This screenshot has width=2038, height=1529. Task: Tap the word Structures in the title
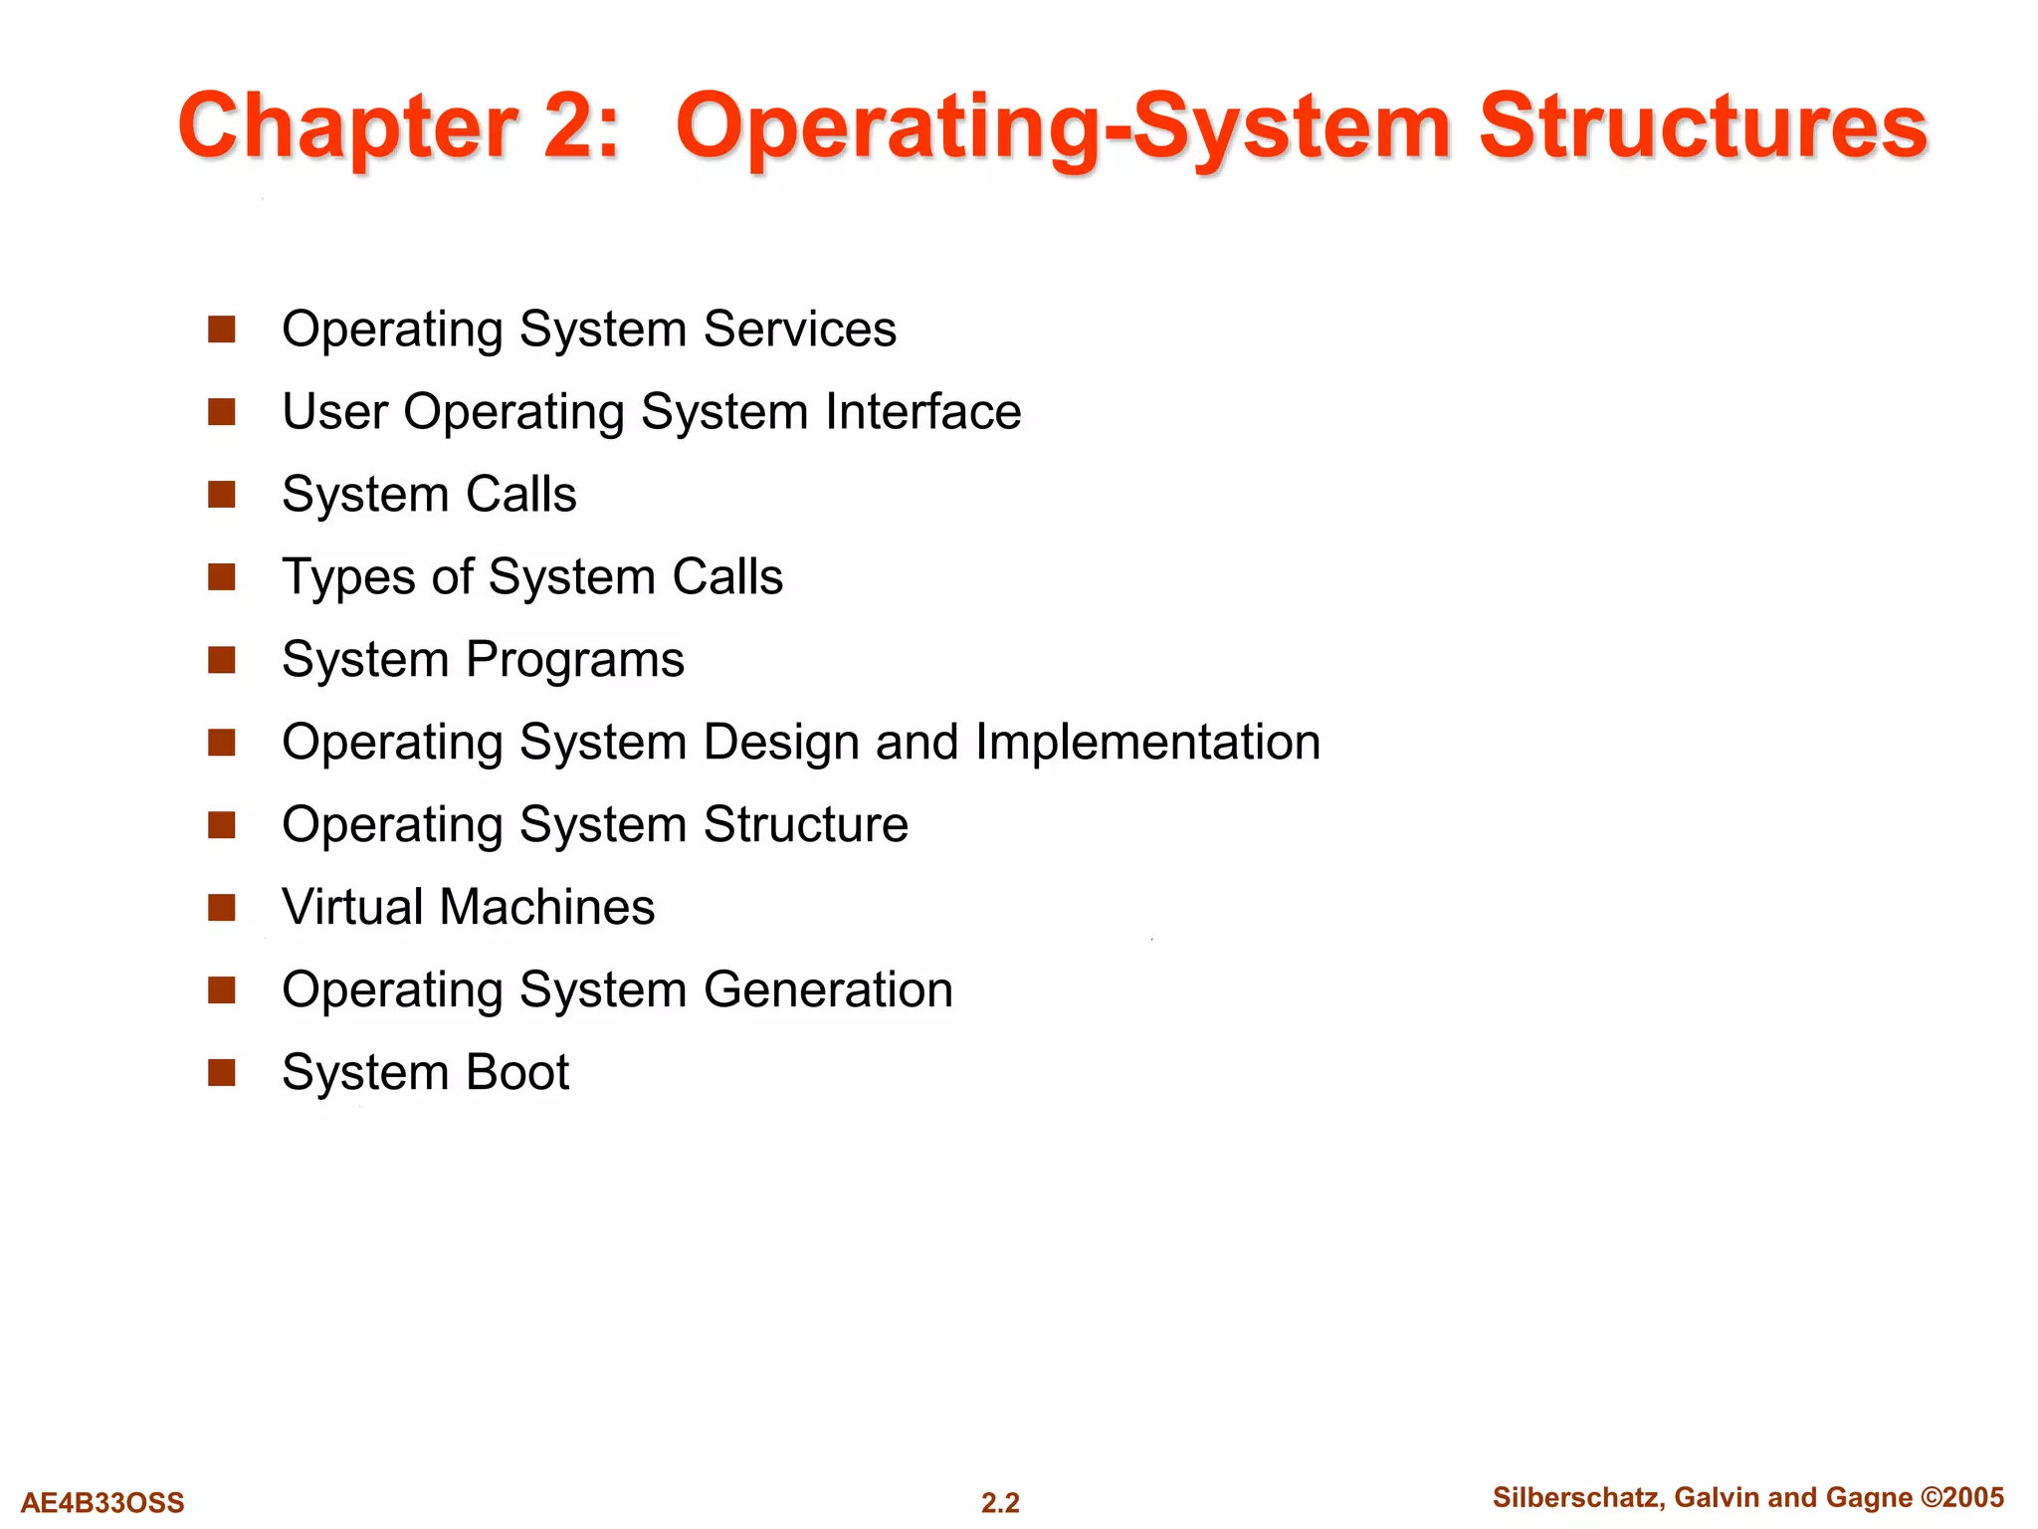pyautogui.click(x=1703, y=126)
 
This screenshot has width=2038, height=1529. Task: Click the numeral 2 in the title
pyautogui.click(x=569, y=126)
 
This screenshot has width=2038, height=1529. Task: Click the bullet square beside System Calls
pyautogui.click(x=221, y=495)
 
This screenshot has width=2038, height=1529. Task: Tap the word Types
pyautogui.click(x=347, y=577)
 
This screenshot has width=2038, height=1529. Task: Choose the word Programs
pyautogui.click(x=575, y=660)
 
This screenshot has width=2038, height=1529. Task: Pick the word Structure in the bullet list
pyautogui.click(x=805, y=825)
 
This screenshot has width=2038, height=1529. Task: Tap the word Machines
pyautogui.click(x=547, y=908)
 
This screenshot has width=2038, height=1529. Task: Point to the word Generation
pyautogui.click(x=828, y=990)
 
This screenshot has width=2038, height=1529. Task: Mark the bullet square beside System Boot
pyautogui.click(x=221, y=1073)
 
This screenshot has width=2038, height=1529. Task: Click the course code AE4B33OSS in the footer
pyautogui.click(x=102, y=1502)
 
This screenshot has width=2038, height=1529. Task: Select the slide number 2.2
pyautogui.click(x=1000, y=1502)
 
